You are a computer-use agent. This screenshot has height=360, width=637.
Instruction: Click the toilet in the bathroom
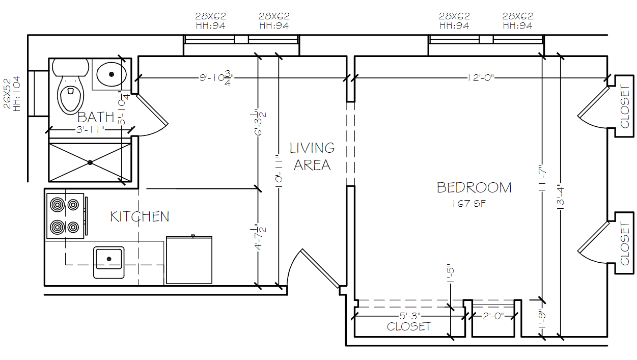pos(70,92)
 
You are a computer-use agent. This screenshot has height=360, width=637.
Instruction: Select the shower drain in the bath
pos(90,162)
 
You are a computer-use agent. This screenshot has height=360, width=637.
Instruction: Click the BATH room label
pos(96,118)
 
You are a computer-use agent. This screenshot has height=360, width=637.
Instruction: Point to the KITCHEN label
pos(140,216)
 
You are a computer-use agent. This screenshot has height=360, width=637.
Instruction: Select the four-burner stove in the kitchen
pos(65,215)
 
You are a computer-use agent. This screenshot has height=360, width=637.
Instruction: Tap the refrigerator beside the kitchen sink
pos(189,260)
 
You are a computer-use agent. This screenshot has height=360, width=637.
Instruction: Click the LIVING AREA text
pos(312,156)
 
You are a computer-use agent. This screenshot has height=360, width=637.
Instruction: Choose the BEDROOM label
pos(474,187)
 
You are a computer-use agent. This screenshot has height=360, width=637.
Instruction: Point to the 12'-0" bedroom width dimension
pos(480,78)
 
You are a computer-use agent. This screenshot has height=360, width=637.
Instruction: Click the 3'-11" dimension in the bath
pos(91,130)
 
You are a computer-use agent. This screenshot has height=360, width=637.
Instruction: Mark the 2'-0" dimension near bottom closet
pos(492,316)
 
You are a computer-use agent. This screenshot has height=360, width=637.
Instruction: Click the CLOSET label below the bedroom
pos(409,327)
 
